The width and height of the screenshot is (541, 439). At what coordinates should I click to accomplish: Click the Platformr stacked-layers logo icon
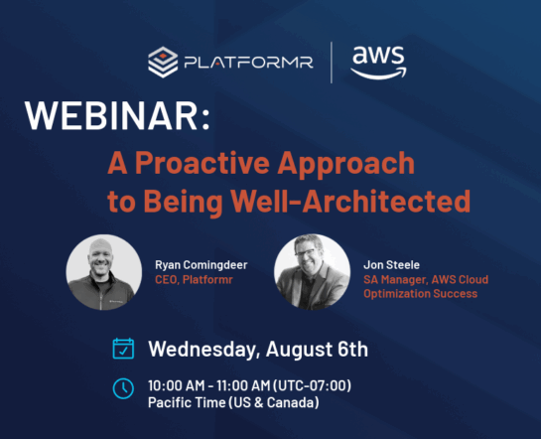(x=163, y=63)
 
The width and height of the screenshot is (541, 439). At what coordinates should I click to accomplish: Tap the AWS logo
(x=378, y=63)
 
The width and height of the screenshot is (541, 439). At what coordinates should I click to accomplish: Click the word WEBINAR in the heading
(x=112, y=115)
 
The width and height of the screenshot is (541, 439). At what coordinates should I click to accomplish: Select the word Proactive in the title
(x=203, y=163)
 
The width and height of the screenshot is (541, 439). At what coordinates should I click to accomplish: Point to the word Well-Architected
(x=350, y=201)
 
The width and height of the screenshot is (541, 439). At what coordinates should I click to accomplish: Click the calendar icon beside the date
(x=123, y=349)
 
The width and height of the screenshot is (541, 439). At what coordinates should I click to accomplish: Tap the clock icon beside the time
(x=123, y=388)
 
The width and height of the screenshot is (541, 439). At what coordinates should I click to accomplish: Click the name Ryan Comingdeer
(x=202, y=265)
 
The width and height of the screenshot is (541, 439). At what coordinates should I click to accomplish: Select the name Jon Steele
(x=391, y=265)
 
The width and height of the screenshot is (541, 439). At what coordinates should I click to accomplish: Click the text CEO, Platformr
(x=194, y=279)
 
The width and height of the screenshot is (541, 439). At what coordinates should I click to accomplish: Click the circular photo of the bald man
(x=104, y=272)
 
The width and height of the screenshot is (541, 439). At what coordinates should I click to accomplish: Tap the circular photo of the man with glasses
(x=312, y=272)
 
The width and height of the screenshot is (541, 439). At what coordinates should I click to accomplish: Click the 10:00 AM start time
(x=177, y=385)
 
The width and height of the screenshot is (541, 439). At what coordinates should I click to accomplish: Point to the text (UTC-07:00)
(x=313, y=385)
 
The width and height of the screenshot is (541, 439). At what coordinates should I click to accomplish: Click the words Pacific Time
(x=187, y=402)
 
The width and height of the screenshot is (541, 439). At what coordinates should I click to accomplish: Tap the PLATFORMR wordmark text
(x=248, y=63)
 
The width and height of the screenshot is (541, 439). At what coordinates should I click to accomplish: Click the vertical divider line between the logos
(x=332, y=63)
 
